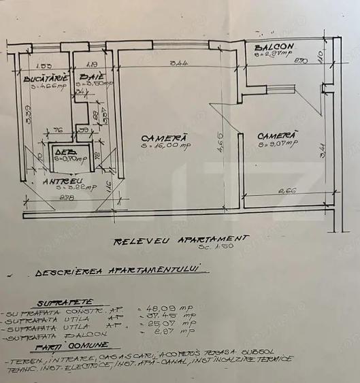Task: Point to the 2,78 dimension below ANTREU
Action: [x=67, y=199]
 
